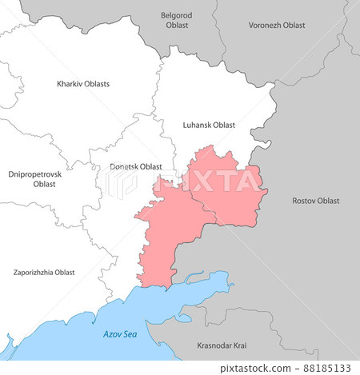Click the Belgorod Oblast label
177,20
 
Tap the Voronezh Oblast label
276,26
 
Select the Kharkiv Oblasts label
83,84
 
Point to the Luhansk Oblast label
209,125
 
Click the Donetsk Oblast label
134,166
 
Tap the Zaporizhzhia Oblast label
44,273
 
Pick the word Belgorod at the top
177,15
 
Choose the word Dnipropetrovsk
35,174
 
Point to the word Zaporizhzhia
34,273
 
